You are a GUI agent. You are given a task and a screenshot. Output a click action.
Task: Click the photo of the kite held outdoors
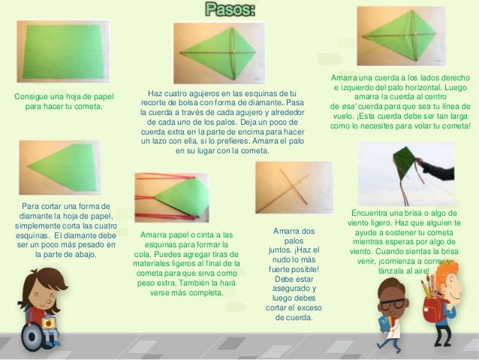(405, 173)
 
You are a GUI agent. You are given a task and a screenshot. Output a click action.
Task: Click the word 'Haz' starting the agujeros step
(155, 92)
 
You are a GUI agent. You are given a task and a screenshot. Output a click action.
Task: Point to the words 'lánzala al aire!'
(406, 271)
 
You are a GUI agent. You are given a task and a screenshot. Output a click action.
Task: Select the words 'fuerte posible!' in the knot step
(294, 269)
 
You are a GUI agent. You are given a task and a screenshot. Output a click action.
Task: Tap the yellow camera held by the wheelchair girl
(49, 322)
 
